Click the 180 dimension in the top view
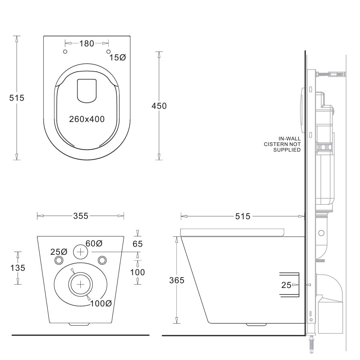pos(86,43)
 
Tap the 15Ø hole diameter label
pos(118,58)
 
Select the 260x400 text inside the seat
pos(86,119)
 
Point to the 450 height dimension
pos(159,106)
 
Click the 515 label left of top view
pos(17,98)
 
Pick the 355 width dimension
pos(81,216)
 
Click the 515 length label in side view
pos(242,216)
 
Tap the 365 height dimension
pos(176,280)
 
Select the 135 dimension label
pos(17,268)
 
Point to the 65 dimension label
pos(138,244)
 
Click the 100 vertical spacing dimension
pos(138,272)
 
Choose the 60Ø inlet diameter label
pos(94,243)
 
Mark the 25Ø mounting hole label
pos(59,252)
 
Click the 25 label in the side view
pos(286,285)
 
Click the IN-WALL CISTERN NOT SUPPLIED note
pos(282,144)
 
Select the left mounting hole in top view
pos(66,52)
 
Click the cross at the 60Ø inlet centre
pos(81,252)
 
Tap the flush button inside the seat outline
pos(87,91)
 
